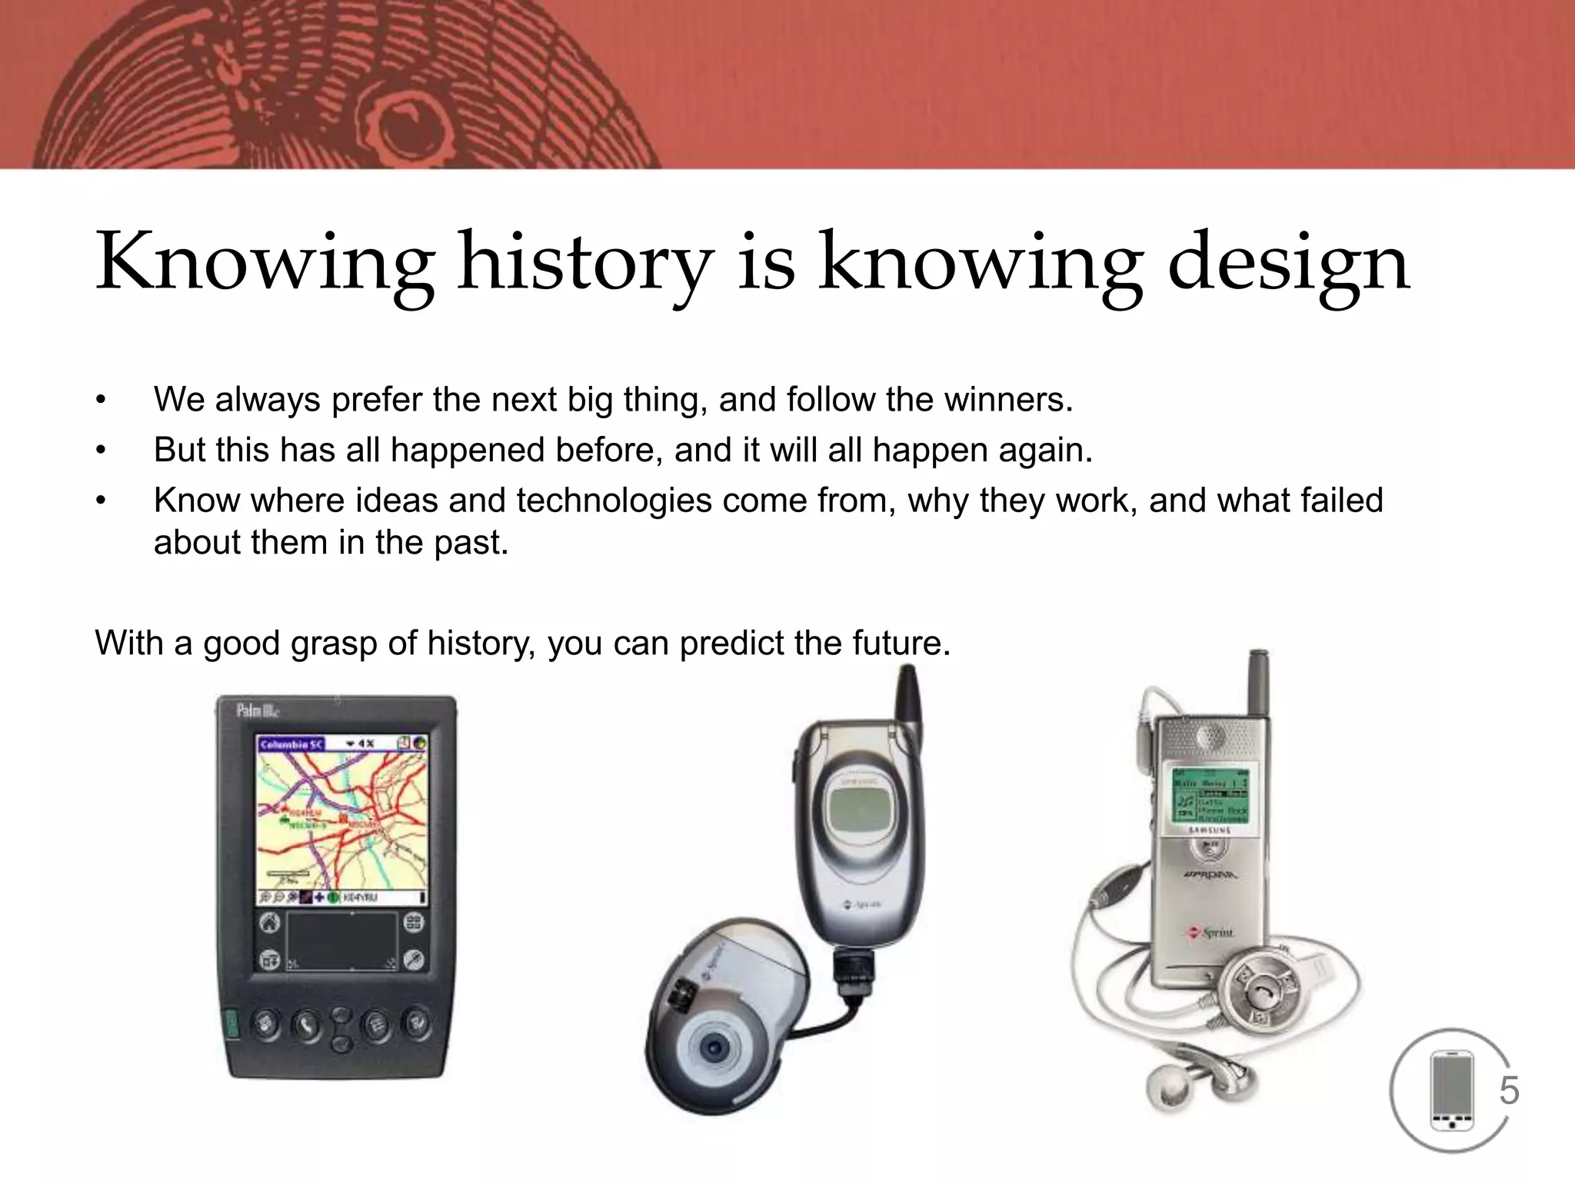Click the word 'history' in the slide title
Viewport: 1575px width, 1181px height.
pos(584,263)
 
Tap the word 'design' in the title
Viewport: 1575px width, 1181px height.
pos(1289,263)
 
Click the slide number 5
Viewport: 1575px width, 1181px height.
pos(1509,1090)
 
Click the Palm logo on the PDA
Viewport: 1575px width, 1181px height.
pos(257,710)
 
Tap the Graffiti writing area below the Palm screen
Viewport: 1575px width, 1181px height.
pos(342,941)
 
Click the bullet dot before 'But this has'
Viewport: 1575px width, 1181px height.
pos(100,451)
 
